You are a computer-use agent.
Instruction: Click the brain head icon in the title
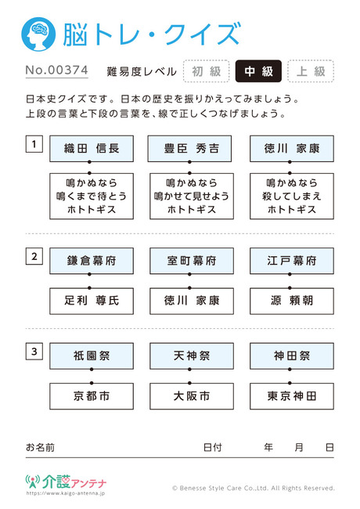tap(38, 34)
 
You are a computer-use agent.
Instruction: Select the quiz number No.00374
tap(57, 70)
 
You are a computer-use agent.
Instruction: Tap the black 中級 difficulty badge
tap(258, 71)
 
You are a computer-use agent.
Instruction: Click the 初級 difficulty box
tap(207, 71)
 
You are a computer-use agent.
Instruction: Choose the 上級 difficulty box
tap(311, 71)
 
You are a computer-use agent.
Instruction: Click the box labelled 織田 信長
tap(92, 149)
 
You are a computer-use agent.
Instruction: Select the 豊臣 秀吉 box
tap(189, 149)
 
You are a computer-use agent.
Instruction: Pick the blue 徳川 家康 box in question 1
tap(292, 149)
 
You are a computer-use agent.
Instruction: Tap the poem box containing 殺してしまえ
tap(292, 196)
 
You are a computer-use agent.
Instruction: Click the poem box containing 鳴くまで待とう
tap(92, 196)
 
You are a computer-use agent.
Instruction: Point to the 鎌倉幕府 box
tap(92, 261)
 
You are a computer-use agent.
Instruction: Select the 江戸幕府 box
tap(292, 261)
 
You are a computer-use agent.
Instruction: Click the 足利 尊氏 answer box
tap(92, 301)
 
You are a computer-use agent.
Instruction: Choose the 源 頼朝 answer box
tap(292, 301)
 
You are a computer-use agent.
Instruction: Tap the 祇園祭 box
tap(92, 356)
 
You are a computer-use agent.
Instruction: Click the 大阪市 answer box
tap(192, 396)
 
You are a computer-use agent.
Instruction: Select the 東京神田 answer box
tap(292, 396)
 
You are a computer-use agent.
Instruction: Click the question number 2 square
tap(34, 256)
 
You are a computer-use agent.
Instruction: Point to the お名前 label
tap(40, 448)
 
